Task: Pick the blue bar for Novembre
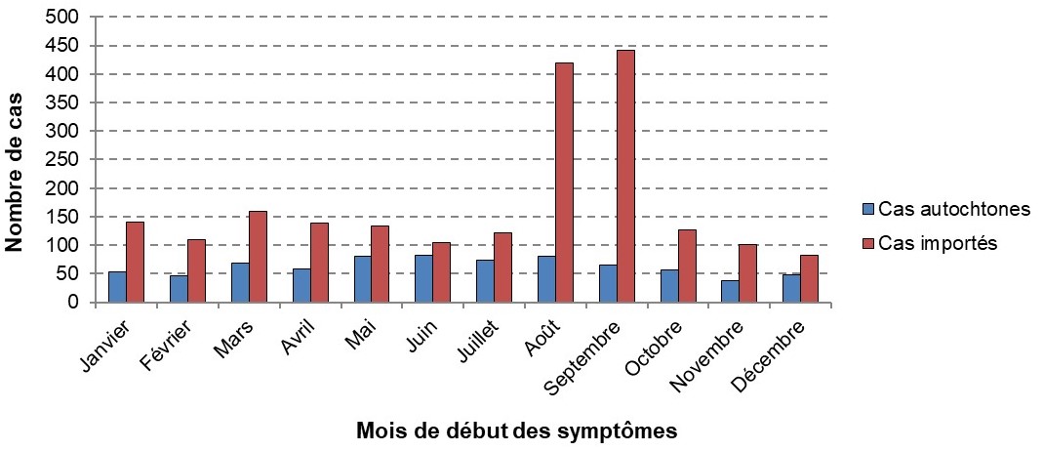(x=730, y=291)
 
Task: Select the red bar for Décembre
(x=809, y=279)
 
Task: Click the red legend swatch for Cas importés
(x=867, y=244)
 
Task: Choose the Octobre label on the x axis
(x=659, y=345)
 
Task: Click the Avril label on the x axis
(x=296, y=336)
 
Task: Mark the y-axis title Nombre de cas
(x=16, y=161)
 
